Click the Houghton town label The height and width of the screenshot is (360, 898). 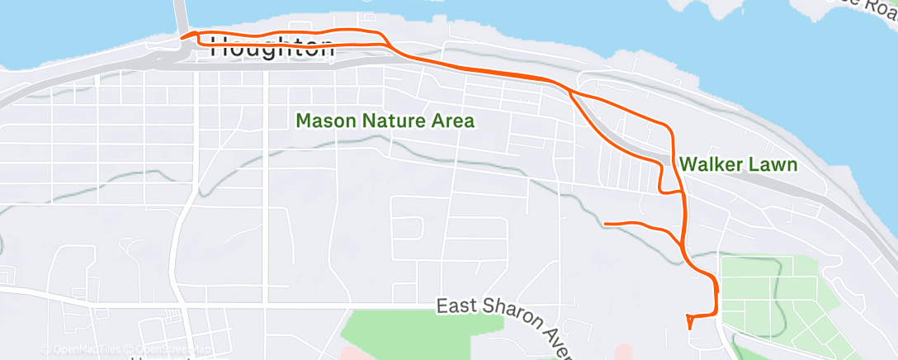click(x=272, y=48)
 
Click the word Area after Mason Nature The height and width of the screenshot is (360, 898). click(x=453, y=121)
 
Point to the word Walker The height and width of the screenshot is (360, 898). click(x=711, y=164)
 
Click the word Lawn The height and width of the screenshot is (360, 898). click(x=773, y=164)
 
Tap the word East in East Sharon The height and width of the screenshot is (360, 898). click(x=454, y=306)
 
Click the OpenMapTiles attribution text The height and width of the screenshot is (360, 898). click(x=78, y=350)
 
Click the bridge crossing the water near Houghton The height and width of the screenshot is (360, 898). click(x=179, y=15)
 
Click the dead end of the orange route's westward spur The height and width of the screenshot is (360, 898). click(x=606, y=224)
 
